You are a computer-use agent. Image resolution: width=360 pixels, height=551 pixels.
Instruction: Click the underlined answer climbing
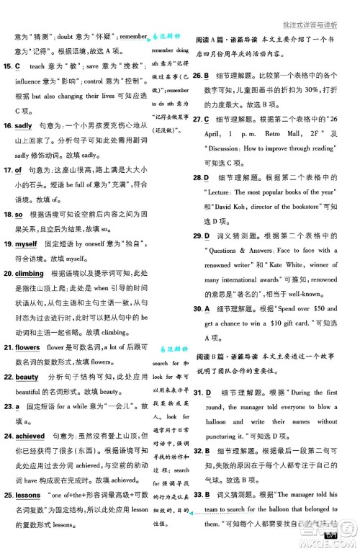30,274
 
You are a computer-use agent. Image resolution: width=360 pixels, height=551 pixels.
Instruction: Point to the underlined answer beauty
27,377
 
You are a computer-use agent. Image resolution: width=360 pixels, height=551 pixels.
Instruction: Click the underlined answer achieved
30,436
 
